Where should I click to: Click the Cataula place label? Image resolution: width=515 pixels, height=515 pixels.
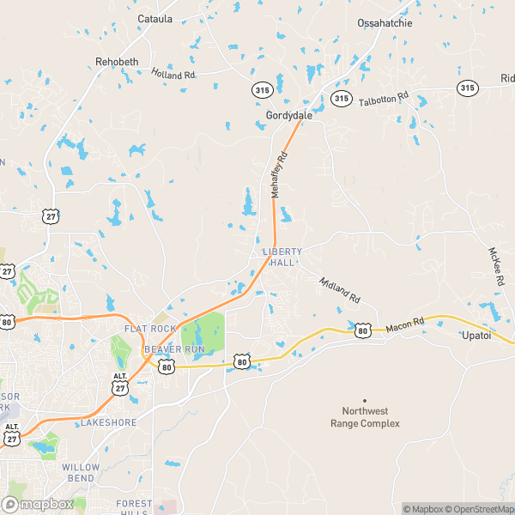154,18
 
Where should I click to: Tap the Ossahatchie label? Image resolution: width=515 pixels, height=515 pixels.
385,23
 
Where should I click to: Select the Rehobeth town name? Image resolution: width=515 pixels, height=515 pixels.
116,62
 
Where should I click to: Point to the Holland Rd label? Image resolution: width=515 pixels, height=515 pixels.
173,75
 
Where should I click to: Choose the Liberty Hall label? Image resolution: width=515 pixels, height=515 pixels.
282,257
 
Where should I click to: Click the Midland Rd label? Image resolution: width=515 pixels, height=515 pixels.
339,289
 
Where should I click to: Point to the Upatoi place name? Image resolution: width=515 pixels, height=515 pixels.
476,335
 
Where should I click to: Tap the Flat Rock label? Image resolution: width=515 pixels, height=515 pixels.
149,329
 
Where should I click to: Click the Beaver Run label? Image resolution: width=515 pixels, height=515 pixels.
174,350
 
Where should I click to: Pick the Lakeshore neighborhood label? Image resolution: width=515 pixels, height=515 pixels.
108,423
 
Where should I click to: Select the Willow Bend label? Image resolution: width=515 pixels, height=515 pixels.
81,472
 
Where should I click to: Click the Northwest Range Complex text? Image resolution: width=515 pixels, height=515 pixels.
365,417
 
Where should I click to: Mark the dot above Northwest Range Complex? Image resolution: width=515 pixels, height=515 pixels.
365,400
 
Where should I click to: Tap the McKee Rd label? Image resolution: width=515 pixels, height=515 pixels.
496,267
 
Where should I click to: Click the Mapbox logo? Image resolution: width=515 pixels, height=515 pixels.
37,504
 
